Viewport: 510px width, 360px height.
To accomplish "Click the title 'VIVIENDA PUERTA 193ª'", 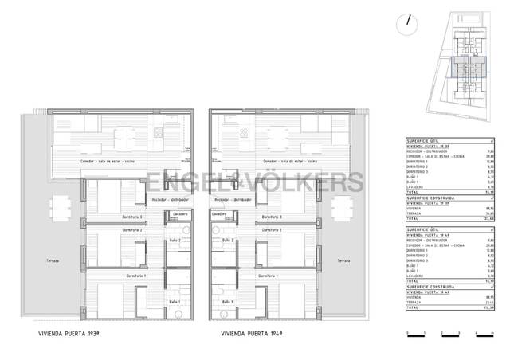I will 69,335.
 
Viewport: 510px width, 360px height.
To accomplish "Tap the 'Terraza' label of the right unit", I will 343,260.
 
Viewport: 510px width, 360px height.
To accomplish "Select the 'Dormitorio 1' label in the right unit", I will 269,276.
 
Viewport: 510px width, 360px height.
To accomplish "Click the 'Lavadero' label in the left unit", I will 178,214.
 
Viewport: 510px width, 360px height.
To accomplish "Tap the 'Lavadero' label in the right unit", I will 219,214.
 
